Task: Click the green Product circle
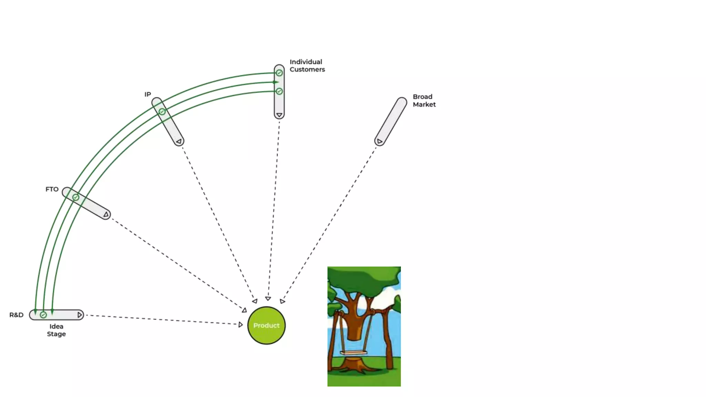[x=266, y=325]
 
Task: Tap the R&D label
[x=16, y=315]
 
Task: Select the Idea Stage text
[x=56, y=330]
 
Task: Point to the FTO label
[x=52, y=189]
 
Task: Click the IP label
[x=148, y=94]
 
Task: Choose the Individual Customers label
[x=307, y=65]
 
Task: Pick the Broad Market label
[x=424, y=101]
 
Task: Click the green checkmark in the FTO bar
[x=76, y=197]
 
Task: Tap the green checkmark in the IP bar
[x=162, y=112]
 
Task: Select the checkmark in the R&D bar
[x=43, y=315]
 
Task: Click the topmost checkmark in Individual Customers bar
[x=279, y=73]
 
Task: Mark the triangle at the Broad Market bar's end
[x=379, y=141]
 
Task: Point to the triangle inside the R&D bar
[x=80, y=315]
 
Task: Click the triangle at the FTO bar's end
[x=106, y=214]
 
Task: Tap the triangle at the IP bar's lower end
[x=179, y=141]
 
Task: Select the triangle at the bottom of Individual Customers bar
[x=279, y=115]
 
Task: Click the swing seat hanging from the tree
[x=353, y=353]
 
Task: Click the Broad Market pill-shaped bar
[x=391, y=121]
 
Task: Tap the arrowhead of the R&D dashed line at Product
[x=240, y=325]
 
